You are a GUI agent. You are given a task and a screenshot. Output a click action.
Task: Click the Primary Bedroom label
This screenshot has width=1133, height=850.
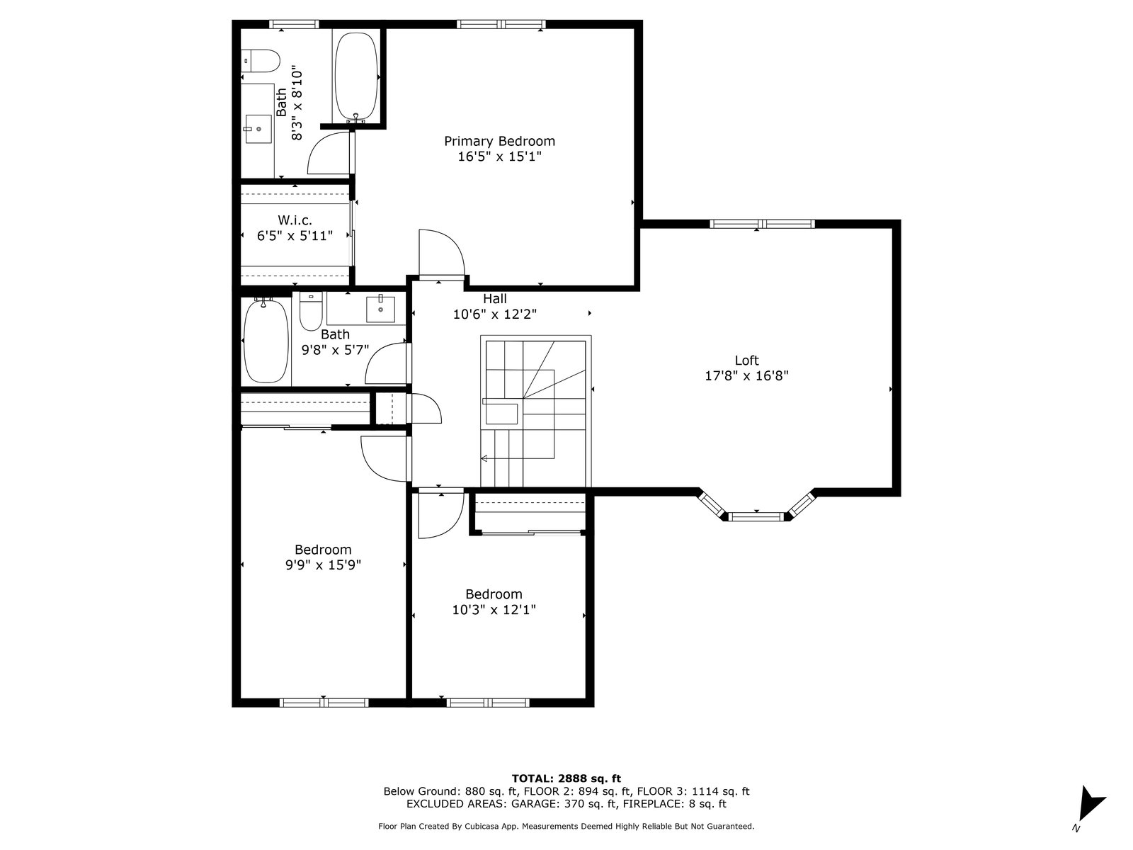[x=499, y=141]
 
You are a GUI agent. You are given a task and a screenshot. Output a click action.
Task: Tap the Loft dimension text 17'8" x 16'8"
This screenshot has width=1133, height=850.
[x=746, y=375]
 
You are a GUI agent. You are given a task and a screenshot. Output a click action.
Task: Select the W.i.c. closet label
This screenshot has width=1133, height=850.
[x=295, y=220]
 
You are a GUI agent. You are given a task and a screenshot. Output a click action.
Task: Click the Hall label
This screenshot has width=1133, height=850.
[x=494, y=298]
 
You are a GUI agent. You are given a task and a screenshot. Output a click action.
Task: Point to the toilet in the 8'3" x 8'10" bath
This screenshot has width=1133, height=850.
[x=260, y=60]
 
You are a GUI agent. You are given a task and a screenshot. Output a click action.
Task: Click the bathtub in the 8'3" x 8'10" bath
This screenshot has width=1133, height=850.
[x=356, y=76]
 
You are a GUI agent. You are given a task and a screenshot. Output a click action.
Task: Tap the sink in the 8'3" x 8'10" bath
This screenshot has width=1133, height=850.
[x=258, y=129]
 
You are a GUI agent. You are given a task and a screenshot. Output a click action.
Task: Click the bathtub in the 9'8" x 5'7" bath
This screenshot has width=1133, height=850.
[x=266, y=341]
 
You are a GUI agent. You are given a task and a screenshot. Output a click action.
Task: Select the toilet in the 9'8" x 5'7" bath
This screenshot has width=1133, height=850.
[x=311, y=311]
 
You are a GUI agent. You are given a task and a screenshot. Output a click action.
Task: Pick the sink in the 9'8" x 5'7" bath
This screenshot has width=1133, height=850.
[x=380, y=309]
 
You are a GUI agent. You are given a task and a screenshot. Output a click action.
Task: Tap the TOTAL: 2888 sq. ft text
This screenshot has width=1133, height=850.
[x=566, y=778]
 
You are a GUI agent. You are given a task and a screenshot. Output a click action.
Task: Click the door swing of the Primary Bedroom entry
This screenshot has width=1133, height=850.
[x=441, y=252]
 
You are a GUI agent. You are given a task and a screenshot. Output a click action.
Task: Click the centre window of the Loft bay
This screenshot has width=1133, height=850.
[x=756, y=516]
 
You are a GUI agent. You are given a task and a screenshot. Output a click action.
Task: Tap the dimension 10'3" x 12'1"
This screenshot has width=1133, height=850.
[x=494, y=610]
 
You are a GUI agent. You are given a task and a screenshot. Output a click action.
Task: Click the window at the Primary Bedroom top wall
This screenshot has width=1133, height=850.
[x=501, y=24]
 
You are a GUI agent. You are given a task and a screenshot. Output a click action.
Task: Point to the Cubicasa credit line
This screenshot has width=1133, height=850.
[x=566, y=826]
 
